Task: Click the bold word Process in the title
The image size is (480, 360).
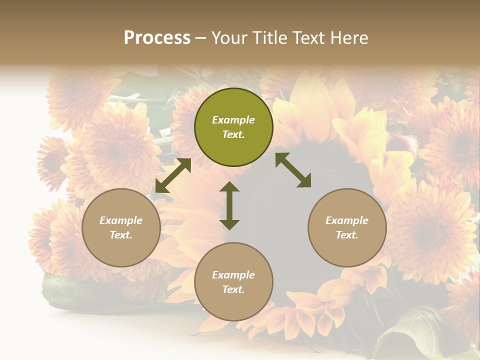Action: pyautogui.click(x=157, y=38)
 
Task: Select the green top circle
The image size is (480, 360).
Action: pyautogui.click(x=233, y=127)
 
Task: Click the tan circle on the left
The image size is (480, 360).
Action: pyautogui.click(x=121, y=227)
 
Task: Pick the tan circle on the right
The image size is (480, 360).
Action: pyautogui.click(x=347, y=227)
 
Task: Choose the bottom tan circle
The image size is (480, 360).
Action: pyautogui.click(x=233, y=282)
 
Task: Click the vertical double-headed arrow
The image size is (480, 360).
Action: pyautogui.click(x=229, y=206)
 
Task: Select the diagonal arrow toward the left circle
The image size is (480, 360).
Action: pyautogui.click(x=173, y=175)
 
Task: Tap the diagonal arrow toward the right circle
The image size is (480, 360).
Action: pyautogui.click(x=293, y=170)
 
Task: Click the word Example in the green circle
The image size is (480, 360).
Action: pyautogui.click(x=233, y=120)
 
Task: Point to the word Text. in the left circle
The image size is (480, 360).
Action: pyautogui.click(x=121, y=235)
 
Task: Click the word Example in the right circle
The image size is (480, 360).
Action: pyautogui.click(x=347, y=220)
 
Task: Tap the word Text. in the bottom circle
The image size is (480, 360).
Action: pyautogui.click(x=233, y=289)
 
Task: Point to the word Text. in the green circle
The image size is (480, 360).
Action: pyautogui.click(x=233, y=134)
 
